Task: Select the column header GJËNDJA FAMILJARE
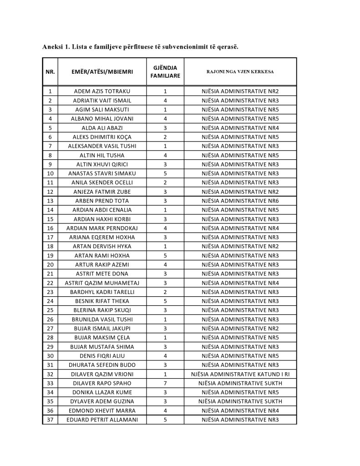tap(165, 71)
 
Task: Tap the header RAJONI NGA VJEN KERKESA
tap(240, 71)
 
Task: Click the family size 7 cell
tap(165, 383)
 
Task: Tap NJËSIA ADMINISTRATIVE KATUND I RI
tap(240, 374)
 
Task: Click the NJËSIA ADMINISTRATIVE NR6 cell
tap(240, 201)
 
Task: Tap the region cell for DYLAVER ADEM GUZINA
tap(240, 401)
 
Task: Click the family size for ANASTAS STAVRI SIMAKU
tap(165, 173)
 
